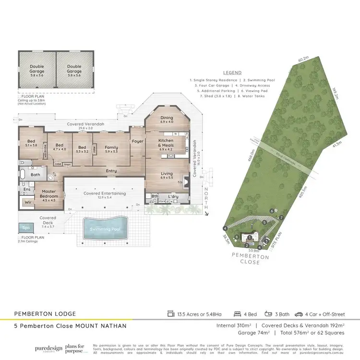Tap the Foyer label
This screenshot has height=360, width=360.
pyautogui.click(x=138, y=141)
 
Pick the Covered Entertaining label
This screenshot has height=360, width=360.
pyautogui.click(x=105, y=193)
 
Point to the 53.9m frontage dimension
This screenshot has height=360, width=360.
pyautogui.click(x=254, y=251)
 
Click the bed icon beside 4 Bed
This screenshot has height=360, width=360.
pyautogui.click(x=237, y=314)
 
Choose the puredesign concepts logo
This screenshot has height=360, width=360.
pyautogui.click(x=48, y=348)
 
